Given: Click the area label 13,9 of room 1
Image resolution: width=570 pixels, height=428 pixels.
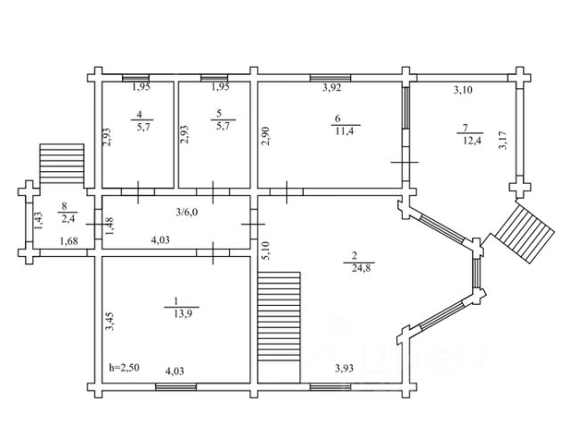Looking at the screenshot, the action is coord(183,314).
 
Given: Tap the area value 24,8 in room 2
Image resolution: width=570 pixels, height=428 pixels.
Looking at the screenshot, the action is coord(362,268).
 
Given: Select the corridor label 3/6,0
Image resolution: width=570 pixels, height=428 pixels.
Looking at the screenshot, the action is coord(187,212).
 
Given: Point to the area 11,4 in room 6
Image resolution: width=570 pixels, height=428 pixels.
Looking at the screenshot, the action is coord(345,131).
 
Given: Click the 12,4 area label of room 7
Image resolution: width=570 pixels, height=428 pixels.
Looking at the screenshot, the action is coord(472,140).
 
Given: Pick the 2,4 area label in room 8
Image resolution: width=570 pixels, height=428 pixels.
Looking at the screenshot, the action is coord(68,219).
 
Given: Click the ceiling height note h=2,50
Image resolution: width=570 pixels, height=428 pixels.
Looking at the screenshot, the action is coord(124,367).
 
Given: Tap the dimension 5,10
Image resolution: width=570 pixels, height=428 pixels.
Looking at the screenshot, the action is coord(266,251).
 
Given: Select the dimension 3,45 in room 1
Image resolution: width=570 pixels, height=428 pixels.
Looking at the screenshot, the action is coord(110,321).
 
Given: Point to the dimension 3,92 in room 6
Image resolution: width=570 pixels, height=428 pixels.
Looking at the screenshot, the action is coord(332,87).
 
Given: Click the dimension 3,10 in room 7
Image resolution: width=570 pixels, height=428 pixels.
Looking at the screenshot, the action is coord(463,89).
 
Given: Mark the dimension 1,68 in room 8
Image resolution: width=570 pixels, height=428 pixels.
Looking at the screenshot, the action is coord(69,241).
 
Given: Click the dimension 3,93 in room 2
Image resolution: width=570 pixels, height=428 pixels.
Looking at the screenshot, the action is coord(344,368).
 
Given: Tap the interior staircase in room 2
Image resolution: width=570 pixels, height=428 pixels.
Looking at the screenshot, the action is coord(279,317).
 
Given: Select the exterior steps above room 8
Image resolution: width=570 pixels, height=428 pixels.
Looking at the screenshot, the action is coord(61,164).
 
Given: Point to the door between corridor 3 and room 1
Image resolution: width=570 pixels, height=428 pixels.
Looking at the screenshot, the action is coord(213,252).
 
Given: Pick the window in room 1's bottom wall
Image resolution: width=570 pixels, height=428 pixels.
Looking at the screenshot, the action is coord(176,386).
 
